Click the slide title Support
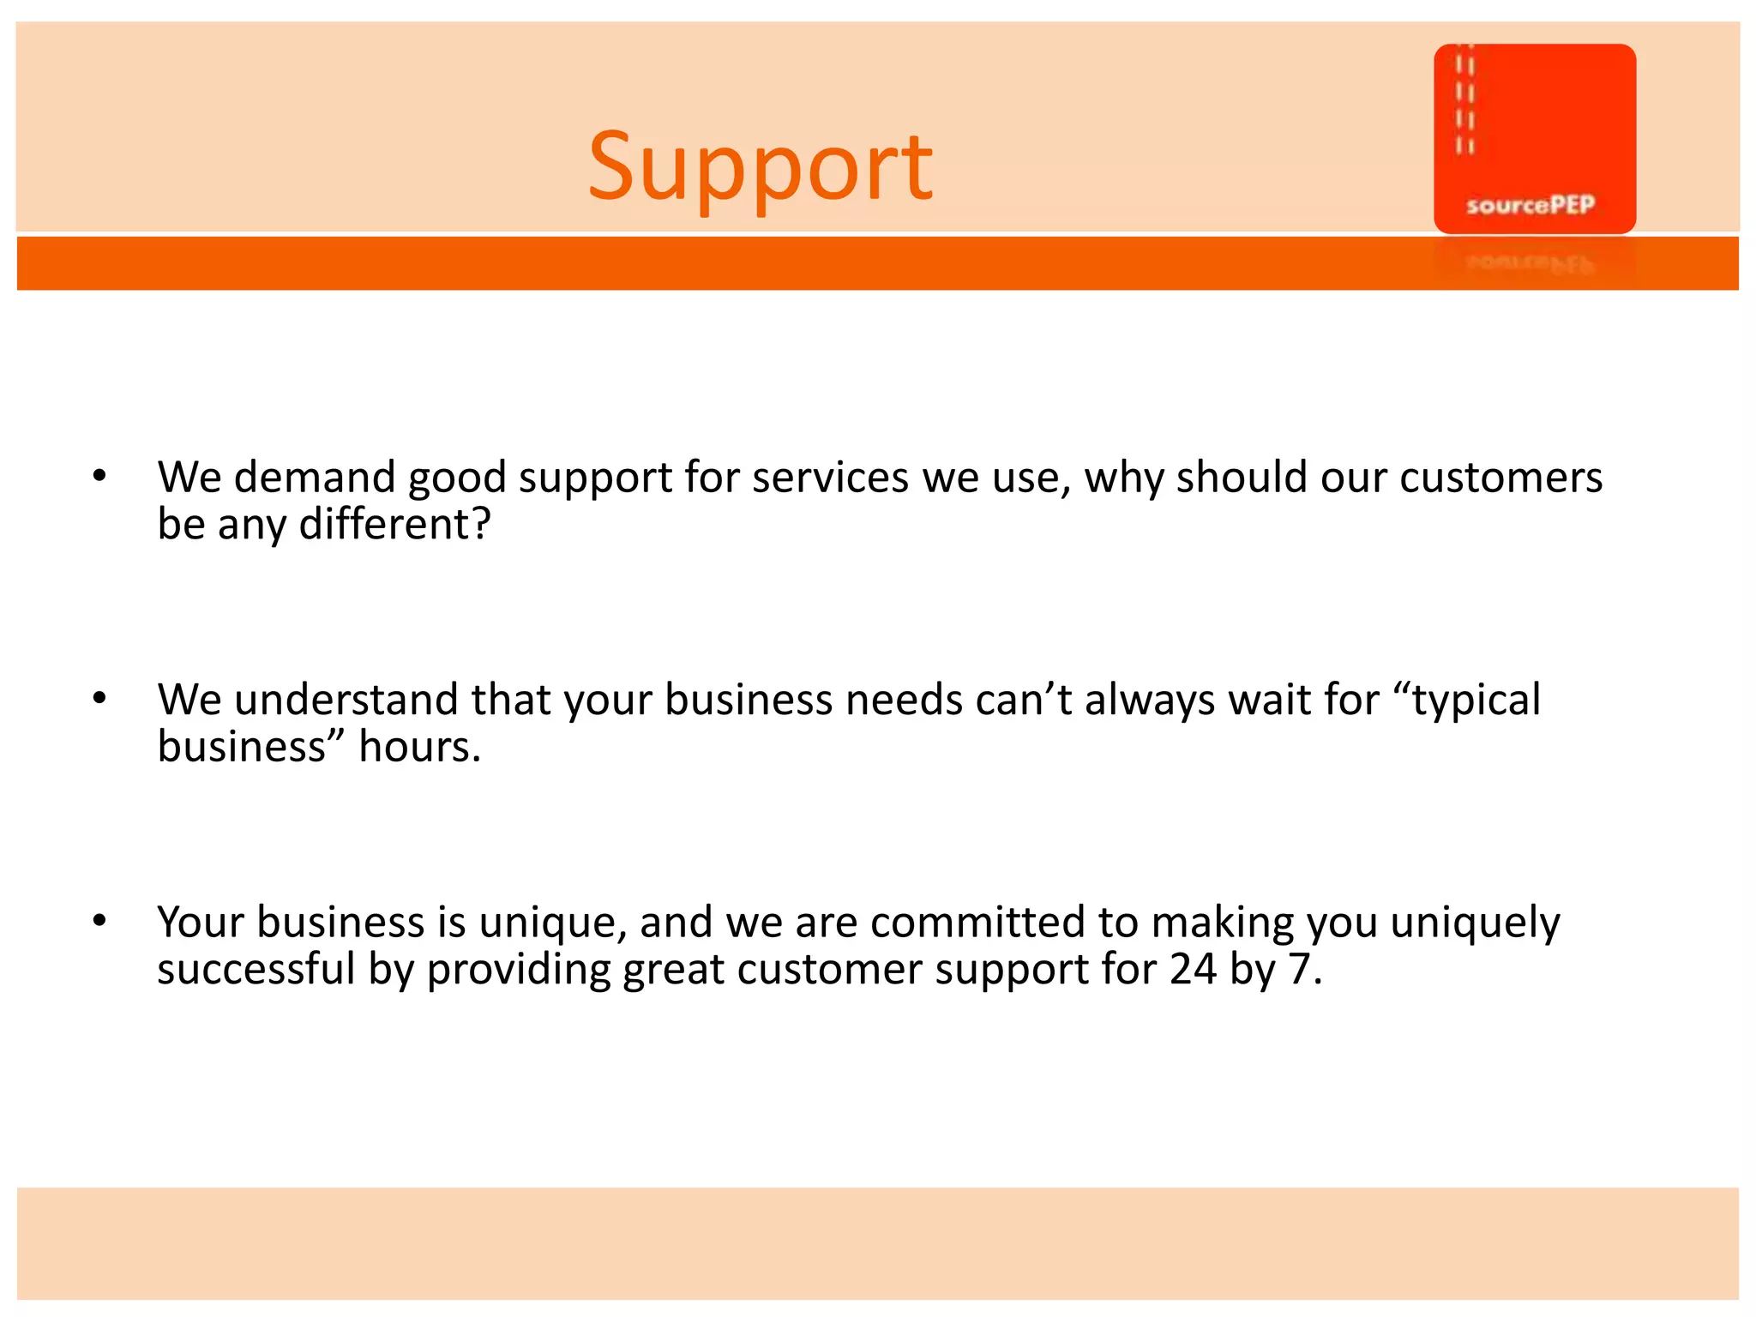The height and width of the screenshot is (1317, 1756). [761, 166]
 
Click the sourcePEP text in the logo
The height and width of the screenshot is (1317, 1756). [1530, 205]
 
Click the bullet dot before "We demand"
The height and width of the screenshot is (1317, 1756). [99, 476]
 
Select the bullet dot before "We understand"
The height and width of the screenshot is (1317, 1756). [99, 698]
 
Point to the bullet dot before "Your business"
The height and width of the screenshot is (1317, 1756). [99, 921]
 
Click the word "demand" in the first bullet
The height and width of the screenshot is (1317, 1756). [315, 478]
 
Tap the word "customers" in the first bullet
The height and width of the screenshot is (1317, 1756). [1500, 478]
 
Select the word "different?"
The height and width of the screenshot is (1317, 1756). [395, 524]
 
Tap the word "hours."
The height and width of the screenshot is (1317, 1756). [420, 746]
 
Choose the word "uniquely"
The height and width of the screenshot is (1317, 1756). [1475, 923]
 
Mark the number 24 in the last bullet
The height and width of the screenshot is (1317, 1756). [1194, 969]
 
